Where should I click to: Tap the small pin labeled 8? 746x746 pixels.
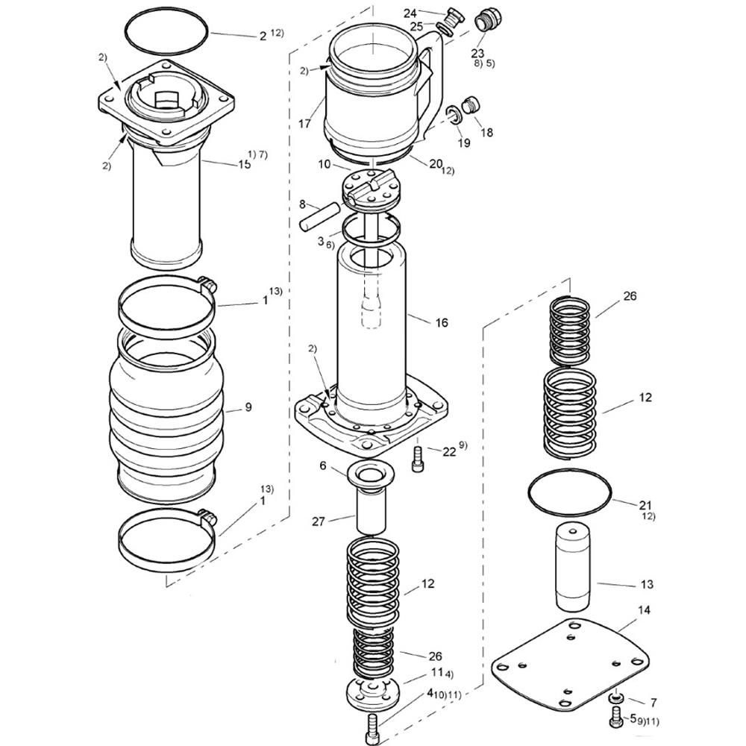[x=319, y=216]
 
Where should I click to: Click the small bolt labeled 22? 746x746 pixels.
[x=417, y=459]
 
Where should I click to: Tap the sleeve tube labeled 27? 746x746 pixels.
[x=371, y=512]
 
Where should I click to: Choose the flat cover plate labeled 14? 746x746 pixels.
[x=570, y=664]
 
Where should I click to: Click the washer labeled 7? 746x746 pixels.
[x=617, y=698]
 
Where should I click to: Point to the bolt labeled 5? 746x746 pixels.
[x=615, y=717]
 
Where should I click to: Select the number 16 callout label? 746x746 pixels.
[x=442, y=322]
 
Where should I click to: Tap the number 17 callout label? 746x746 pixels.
[x=304, y=124]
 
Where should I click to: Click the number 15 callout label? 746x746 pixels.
[x=245, y=164]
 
